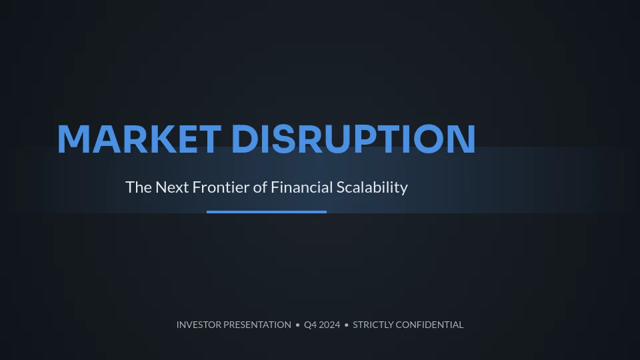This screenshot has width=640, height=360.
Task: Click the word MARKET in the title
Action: (x=139, y=139)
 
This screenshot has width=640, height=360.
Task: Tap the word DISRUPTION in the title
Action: (x=353, y=139)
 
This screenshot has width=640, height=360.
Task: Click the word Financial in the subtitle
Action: (x=301, y=187)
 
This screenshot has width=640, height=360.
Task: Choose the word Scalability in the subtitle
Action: (x=372, y=188)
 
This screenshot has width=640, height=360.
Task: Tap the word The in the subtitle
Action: (x=139, y=187)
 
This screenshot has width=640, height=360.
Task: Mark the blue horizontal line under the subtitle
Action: (x=267, y=212)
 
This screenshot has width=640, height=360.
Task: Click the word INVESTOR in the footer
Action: (x=199, y=325)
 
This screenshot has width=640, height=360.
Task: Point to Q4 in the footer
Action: (x=310, y=325)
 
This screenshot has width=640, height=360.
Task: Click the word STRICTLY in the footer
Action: (x=373, y=325)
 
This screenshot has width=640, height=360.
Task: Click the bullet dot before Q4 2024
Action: (x=297, y=325)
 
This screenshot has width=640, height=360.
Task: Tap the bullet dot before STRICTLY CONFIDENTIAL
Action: (x=347, y=325)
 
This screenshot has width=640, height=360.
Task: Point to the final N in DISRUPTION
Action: (x=463, y=139)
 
